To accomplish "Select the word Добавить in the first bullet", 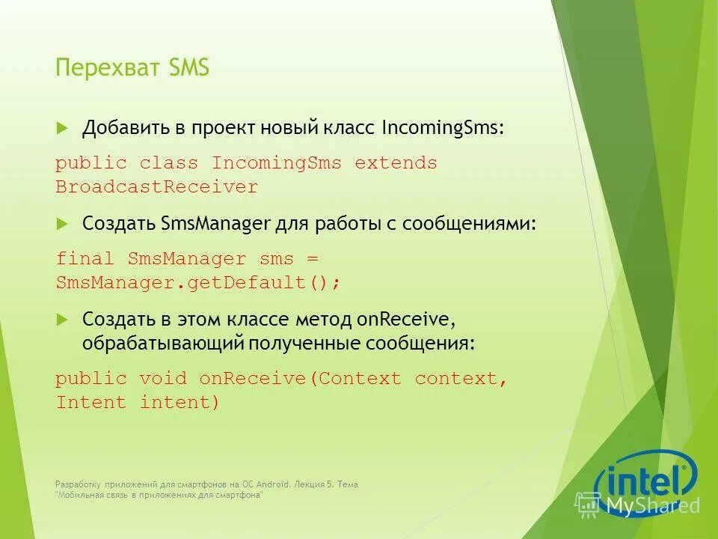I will (x=126, y=128).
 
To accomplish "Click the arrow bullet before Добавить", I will (x=62, y=128).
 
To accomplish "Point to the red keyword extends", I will (x=396, y=163).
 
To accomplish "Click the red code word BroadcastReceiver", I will (x=157, y=187).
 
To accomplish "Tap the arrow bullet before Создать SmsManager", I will (x=62, y=224).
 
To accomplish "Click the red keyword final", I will (x=85, y=259).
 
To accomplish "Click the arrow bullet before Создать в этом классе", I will (x=62, y=320).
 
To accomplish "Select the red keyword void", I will (x=163, y=379).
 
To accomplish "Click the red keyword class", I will (x=168, y=163).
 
